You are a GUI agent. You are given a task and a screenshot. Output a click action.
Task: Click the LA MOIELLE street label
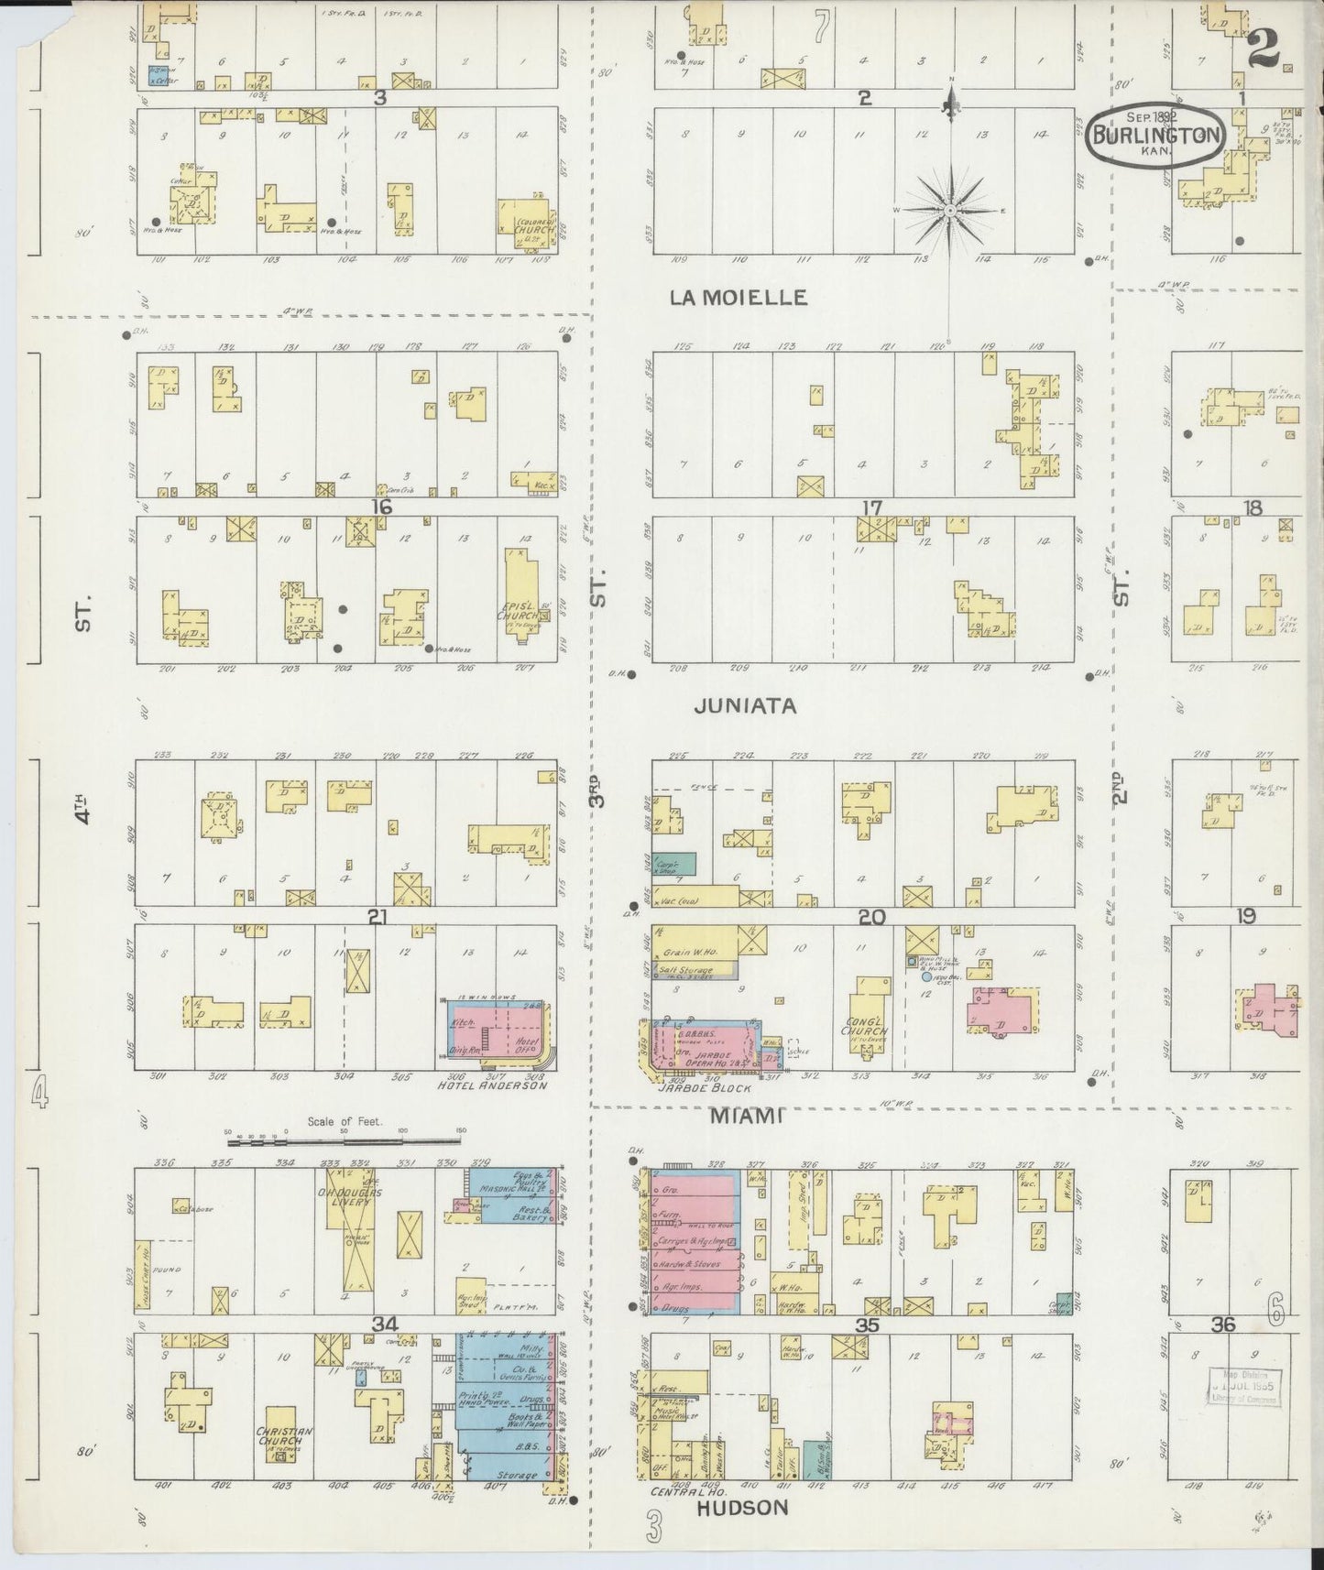click(x=739, y=297)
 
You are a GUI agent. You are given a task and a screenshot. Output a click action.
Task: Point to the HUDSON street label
click(x=742, y=1507)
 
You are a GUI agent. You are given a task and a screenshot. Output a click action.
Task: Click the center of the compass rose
click(x=951, y=211)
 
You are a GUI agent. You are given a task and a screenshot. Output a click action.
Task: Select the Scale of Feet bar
click(x=344, y=1141)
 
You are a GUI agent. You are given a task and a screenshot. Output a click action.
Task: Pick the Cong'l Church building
click(x=865, y=1021)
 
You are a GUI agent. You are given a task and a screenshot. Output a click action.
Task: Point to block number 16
click(x=381, y=507)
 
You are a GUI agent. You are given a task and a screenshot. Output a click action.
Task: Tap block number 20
click(x=870, y=915)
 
